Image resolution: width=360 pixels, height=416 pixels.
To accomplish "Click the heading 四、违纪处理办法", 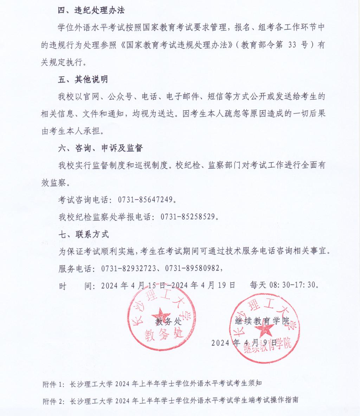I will pyautogui.click(x=91, y=10).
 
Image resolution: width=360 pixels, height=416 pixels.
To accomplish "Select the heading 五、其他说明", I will pyautogui.click(x=83, y=79).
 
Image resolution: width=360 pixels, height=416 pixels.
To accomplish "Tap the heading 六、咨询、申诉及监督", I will pyautogui.click(x=100, y=148).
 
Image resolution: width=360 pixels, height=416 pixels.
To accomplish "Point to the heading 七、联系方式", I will pyautogui.click(x=83, y=234).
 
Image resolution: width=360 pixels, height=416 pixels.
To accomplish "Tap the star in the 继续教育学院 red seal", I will pyautogui.click(x=264, y=329).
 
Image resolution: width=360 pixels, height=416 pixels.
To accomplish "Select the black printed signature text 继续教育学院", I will pyautogui.click(x=262, y=320).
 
